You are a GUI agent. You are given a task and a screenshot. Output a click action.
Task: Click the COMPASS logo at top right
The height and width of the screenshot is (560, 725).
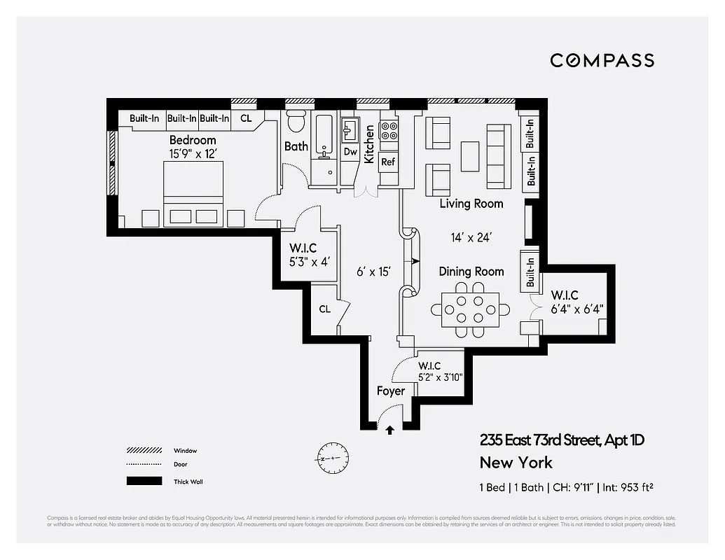(602, 60)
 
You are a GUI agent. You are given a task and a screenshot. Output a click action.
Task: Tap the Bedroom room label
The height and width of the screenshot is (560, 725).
(193, 141)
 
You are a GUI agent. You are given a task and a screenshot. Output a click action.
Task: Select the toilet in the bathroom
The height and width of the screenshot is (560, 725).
(296, 121)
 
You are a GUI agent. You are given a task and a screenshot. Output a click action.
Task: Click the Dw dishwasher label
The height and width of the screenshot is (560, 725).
(350, 152)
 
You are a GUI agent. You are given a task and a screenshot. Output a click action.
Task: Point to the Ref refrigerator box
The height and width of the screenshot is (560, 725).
(388, 162)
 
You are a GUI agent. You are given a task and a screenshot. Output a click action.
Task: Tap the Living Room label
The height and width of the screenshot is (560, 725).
(471, 204)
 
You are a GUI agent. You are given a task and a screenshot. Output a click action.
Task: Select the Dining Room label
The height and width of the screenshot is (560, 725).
(471, 272)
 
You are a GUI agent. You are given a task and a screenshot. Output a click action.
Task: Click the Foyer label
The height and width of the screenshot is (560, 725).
(390, 391)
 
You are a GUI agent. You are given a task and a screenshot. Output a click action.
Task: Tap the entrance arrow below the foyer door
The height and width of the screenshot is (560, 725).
(389, 430)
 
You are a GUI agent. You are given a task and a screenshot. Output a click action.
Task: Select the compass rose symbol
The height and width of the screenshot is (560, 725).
(332, 458)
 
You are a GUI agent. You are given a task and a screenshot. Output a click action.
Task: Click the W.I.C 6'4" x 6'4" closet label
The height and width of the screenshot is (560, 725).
(576, 301)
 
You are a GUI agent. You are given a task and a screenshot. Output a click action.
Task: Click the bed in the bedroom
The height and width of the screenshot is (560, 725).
(193, 193)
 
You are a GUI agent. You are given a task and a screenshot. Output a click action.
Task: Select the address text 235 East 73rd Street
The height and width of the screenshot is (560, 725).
(561, 440)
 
